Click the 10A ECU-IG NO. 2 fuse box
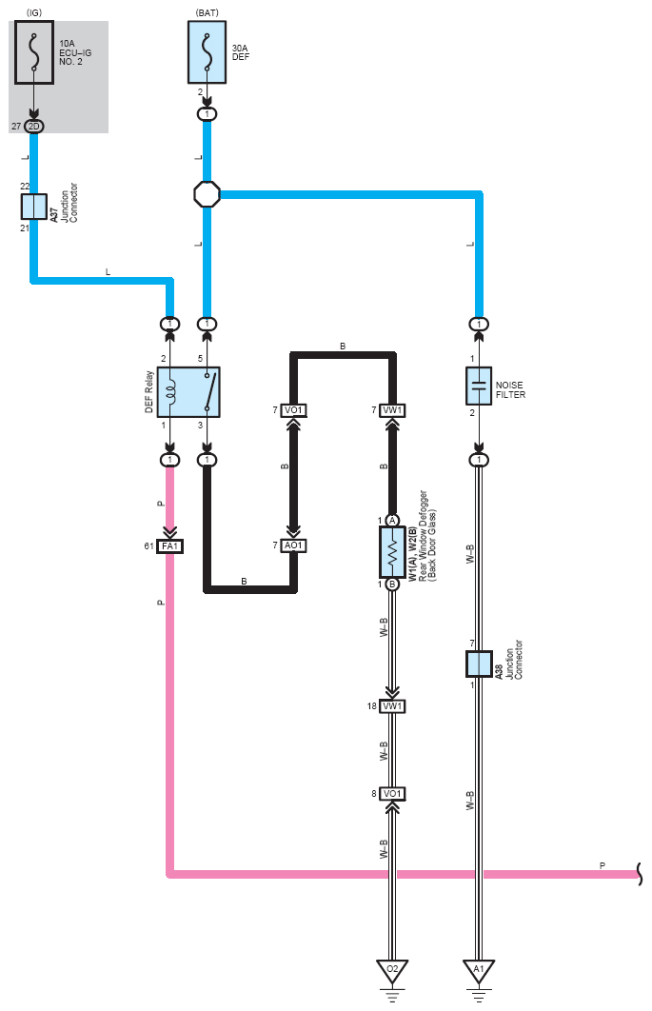34,52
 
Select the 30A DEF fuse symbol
207,52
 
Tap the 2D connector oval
33,127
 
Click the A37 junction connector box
33,207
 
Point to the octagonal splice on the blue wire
207,194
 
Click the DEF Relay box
188,392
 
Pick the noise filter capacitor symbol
479,387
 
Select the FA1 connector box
169,546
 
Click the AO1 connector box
293,545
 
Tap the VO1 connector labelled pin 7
293,410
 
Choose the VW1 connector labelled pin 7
392,410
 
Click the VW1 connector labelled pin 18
392,706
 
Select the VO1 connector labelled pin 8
392,794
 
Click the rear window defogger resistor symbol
392,552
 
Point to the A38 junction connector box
479,664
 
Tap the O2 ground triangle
392,970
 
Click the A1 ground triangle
479,970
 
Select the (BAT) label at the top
207,13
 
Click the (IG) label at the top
34,13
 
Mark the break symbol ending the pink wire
640,874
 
